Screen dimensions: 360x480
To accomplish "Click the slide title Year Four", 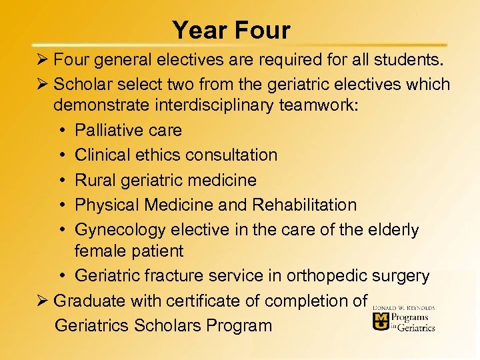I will [231, 31].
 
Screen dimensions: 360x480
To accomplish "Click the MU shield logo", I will [381, 322].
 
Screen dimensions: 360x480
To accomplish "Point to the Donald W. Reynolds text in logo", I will [404, 307].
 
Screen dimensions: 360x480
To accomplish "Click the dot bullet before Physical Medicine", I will [61, 205].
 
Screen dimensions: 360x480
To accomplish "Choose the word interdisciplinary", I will [217, 105].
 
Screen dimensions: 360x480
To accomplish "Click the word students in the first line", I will [408, 60].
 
